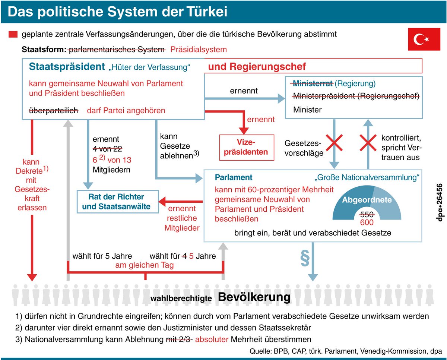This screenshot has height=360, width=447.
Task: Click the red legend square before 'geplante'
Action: click(x=13, y=35)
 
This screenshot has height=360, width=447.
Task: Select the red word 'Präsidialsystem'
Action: click(x=198, y=50)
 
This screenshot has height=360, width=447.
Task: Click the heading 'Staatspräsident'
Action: click(x=67, y=67)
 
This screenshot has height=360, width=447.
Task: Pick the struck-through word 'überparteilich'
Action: click(x=54, y=110)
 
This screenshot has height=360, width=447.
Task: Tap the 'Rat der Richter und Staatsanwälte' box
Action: click(x=116, y=202)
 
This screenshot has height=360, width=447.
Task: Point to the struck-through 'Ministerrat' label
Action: click(x=313, y=83)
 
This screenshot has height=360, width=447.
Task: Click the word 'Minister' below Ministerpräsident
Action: click(x=307, y=110)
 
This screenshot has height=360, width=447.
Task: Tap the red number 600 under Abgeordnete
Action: click(x=366, y=222)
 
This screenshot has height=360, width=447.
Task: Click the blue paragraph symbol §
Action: click(x=305, y=260)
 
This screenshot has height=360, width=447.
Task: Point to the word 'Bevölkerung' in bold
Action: click(x=254, y=297)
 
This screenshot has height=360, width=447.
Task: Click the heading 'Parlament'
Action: click(x=234, y=177)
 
